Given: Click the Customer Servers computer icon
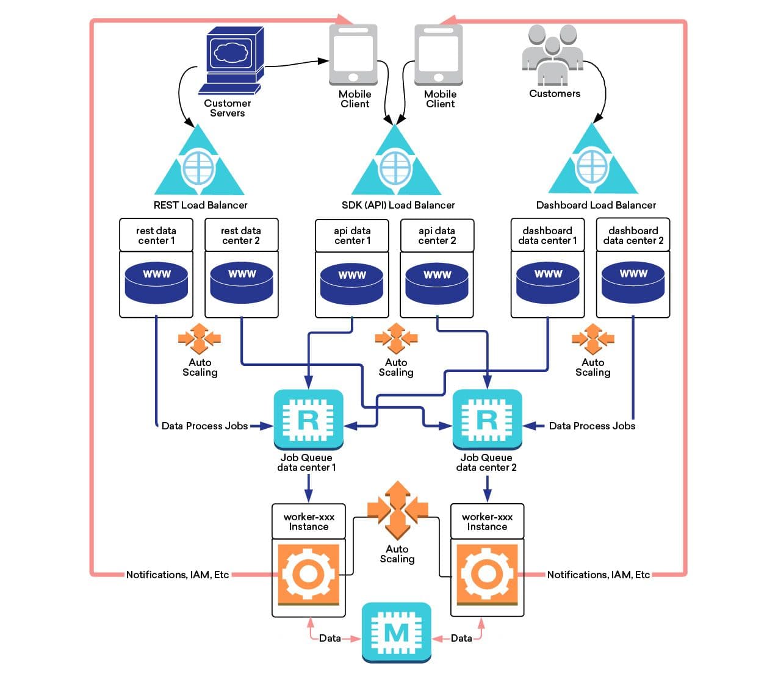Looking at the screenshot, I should click(x=231, y=60).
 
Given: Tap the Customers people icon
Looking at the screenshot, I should click(x=552, y=55).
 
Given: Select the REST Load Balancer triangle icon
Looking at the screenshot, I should click(x=199, y=163).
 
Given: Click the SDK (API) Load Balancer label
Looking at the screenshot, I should click(x=398, y=205).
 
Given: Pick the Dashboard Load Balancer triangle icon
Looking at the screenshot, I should click(x=593, y=162).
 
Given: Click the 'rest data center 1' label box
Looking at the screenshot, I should click(x=156, y=235).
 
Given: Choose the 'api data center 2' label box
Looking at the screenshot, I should click(x=437, y=235).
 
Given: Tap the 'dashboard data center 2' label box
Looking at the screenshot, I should click(x=633, y=235).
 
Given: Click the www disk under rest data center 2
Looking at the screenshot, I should click(x=242, y=282).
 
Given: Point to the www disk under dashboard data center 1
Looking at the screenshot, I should click(x=547, y=282).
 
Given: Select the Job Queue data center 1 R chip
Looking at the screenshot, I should click(x=308, y=419).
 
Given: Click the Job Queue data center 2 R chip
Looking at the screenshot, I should click(x=486, y=419).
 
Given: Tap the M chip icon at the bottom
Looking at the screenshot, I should click(x=397, y=632).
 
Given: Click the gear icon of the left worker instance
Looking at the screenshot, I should click(x=308, y=574).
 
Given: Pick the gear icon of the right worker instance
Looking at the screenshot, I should click(x=487, y=574).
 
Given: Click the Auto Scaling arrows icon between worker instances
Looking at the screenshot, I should click(x=397, y=509).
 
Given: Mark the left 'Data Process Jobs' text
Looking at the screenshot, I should click(x=204, y=426).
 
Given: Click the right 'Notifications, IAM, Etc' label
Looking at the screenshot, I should click(x=598, y=575).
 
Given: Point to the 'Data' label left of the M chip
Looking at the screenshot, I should click(x=330, y=638).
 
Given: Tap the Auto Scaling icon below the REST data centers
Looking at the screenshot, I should click(x=200, y=339).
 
